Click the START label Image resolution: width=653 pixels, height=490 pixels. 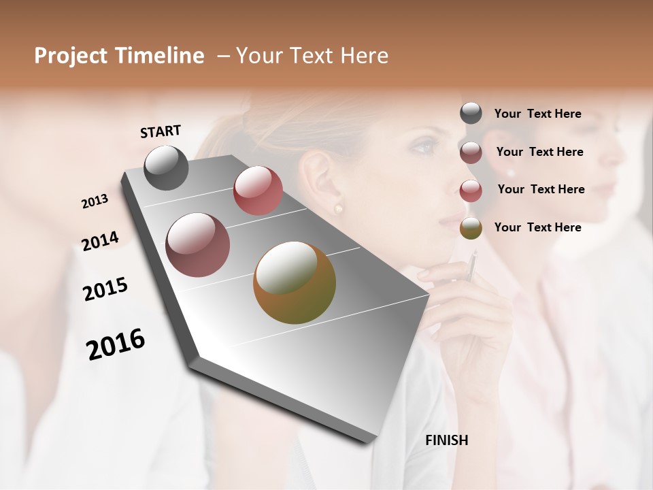pos(161,131)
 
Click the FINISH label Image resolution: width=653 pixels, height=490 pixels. pos(446,440)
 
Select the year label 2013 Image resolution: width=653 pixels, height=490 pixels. pos(95,201)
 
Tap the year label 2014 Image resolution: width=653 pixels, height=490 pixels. pos(100,242)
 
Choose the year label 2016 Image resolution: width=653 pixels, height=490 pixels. pos(116,344)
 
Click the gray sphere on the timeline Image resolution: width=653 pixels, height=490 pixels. pos(166,167)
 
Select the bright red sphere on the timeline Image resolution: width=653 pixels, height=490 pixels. pos(258,191)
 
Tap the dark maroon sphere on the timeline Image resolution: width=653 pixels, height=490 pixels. pos(198,245)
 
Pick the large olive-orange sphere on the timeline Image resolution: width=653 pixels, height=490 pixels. pos(295,282)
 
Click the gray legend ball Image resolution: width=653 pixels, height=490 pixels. pos(471,113)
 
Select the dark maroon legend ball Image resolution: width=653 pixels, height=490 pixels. pos(471,152)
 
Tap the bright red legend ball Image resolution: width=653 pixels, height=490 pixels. pos(471,191)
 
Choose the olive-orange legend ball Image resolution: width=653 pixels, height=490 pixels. pos(471,228)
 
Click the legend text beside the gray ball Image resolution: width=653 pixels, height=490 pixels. pos(537,114)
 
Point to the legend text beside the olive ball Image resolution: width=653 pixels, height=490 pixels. pos(537,227)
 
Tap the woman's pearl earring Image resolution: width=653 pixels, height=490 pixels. pos(338,208)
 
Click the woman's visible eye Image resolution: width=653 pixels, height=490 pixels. pos(422,146)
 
